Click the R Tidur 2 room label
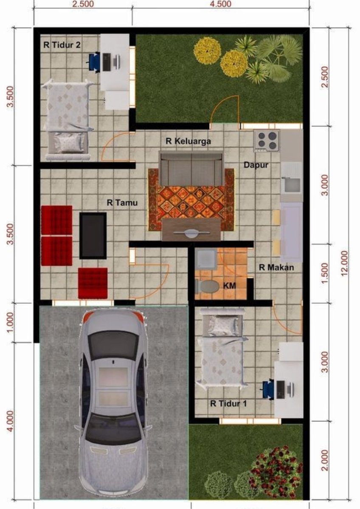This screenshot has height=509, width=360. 62,45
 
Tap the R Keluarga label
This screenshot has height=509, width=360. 188,141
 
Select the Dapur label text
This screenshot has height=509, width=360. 256,165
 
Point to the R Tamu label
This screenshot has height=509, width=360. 122,202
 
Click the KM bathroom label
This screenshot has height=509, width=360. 230,285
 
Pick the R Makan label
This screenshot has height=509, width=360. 276,268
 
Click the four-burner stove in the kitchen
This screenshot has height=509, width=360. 267,140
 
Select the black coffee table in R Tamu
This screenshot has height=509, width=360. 93,236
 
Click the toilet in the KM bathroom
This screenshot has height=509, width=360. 207,286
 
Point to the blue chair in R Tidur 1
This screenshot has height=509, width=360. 268,389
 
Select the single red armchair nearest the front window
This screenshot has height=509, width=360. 93,283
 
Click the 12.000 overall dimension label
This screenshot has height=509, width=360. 344,263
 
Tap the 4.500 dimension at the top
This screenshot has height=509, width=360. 220,4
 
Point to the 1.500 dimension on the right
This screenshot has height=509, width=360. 326,273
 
